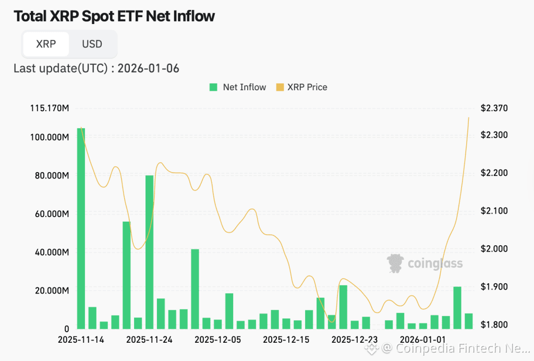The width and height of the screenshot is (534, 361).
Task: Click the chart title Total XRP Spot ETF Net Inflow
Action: click(114, 16)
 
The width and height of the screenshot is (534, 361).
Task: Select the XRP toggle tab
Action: click(46, 44)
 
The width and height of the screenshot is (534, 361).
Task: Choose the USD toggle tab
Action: click(92, 44)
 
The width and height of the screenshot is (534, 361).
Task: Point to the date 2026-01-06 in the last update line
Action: click(148, 68)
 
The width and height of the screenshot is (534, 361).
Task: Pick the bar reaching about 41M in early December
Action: click(195, 290)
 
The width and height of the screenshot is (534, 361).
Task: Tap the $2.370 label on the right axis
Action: click(493, 109)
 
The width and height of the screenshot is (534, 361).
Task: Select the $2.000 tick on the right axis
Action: click(493, 249)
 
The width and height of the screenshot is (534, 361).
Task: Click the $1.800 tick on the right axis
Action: click(493, 325)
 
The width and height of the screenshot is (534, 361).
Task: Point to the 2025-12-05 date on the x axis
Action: click(218, 340)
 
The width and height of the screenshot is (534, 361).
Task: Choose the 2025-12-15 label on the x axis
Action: click(286, 340)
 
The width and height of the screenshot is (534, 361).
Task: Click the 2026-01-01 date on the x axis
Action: click(423, 340)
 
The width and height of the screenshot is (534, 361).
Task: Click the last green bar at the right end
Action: click(469, 321)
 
